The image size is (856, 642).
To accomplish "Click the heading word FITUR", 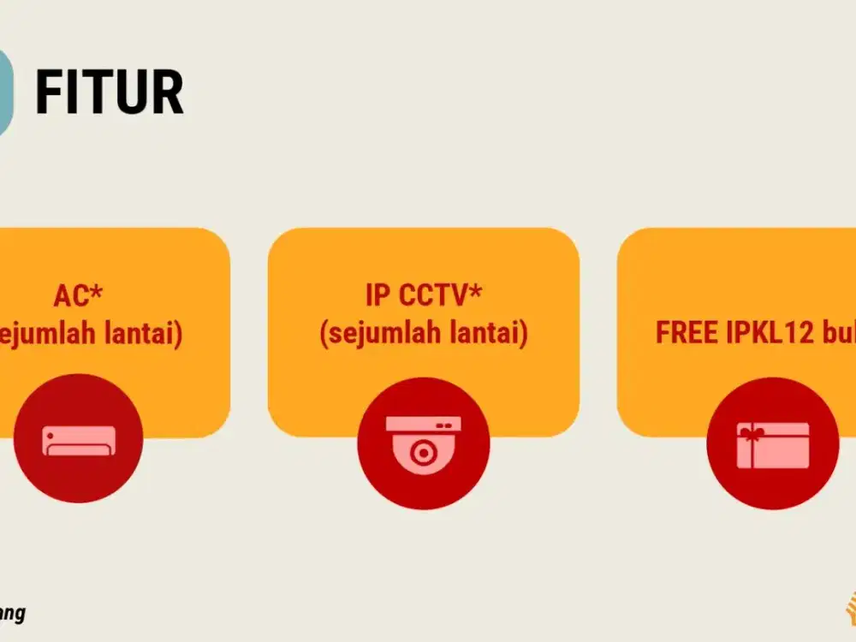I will pyautogui.click(x=110, y=92).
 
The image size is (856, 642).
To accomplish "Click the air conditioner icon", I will pyautogui.click(x=79, y=440).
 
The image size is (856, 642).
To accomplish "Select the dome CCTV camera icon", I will pyautogui.click(x=423, y=443).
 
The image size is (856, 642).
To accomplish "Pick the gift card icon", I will pyautogui.click(x=772, y=444).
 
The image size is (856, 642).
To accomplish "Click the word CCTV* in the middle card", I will pyautogui.click(x=441, y=296).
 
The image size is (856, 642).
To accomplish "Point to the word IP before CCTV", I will pyautogui.click(x=377, y=296).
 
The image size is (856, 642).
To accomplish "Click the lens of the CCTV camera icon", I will pyautogui.click(x=423, y=451).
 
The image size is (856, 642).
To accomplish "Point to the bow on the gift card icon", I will pyautogui.click(x=752, y=435).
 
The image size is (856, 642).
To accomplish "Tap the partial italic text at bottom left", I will pyautogui.click(x=12, y=614).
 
